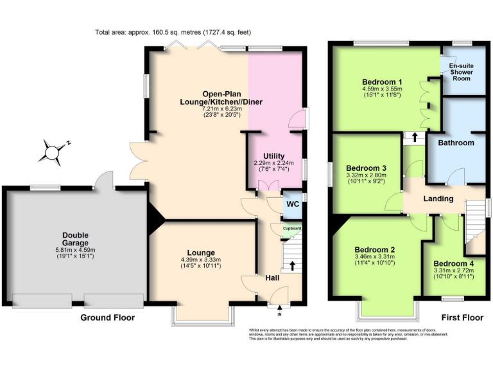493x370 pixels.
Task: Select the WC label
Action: tap(293, 204)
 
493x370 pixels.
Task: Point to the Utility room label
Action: tap(274, 156)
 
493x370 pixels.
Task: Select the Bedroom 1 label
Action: tap(382, 82)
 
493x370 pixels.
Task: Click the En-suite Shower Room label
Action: tap(461, 72)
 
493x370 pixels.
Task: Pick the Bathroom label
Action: tap(456, 143)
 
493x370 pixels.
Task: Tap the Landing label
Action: tap(438, 198)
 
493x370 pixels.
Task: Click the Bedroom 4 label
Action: tap(454, 263)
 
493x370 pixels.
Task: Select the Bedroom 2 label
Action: tap(379, 250)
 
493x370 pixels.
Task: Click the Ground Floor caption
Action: tap(107, 318)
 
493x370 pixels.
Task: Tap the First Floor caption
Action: tap(462, 318)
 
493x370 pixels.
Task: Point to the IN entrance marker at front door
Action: tap(279, 314)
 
